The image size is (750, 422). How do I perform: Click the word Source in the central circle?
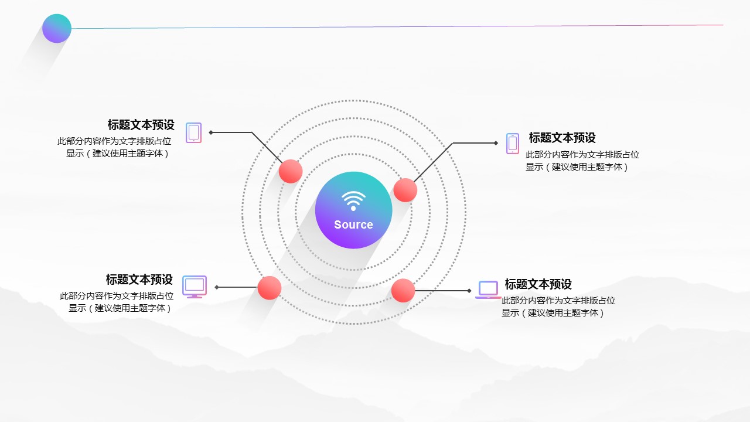click(x=353, y=224)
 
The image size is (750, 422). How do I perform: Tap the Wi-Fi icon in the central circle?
click(x=353, y=201)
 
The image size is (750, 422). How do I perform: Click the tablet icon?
click(x=194, y=132)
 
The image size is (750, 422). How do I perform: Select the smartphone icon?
click(x=513, y=144)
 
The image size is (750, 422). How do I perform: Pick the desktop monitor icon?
click(x=195, y=287)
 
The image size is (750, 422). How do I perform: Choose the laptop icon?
click(x=488, y=290)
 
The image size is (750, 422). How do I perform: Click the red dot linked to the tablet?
click(x=291, y=171)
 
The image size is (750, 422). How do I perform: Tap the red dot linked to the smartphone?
click(x=405, y=190)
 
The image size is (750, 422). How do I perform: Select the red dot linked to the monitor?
click(x=270, y=288)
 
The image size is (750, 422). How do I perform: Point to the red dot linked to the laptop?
click(x=403, y=290)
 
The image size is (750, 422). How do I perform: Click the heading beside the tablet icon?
click(x=141, y=125)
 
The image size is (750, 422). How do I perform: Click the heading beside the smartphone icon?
click(x=562, y=137)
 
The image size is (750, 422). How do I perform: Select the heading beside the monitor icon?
click(x=139, y=280)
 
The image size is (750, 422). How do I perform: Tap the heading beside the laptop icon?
click(x=538, y=284)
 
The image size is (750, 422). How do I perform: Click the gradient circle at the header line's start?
click(x=57, y=29)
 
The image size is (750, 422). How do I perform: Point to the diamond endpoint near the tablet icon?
click(x=211, y=132)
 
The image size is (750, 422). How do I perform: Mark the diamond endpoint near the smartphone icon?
click(x=496, y=143)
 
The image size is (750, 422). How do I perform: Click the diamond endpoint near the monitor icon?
click(x=217, y=287)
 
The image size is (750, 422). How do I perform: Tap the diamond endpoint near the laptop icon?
click(x=469, y=291)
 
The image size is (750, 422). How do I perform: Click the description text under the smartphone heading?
click(x=582, y=161)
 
